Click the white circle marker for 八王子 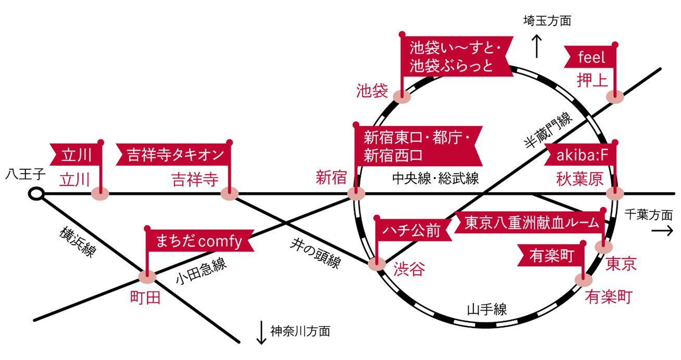35,194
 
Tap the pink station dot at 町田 147,276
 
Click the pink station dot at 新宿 356,194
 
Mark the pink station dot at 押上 615,96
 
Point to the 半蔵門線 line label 547,133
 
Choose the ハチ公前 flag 411,229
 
